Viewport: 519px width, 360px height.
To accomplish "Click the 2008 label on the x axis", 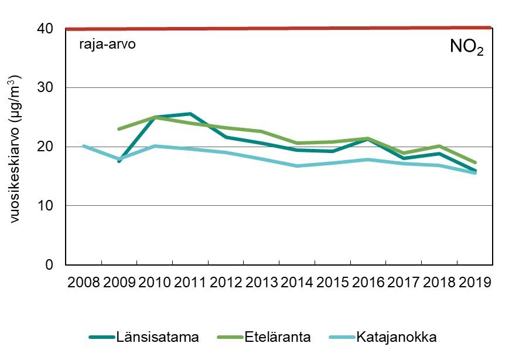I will (84, 283).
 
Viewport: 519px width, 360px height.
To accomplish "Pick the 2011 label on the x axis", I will (190, 283).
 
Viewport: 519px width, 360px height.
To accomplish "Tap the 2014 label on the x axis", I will (297, 283).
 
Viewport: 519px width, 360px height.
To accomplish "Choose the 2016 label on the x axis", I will (368, 283).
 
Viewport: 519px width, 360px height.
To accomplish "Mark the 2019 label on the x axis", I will (474, 283).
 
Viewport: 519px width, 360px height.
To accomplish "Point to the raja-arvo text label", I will (107, 44).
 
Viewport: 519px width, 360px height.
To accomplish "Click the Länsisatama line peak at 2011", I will (190, 114).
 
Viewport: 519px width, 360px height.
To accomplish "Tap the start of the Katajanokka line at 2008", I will (84, 146).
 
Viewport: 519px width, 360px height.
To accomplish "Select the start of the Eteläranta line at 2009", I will (119, 129).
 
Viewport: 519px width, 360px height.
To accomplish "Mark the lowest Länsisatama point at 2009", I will (119, 161).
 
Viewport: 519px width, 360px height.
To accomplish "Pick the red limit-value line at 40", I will (279, 28).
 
